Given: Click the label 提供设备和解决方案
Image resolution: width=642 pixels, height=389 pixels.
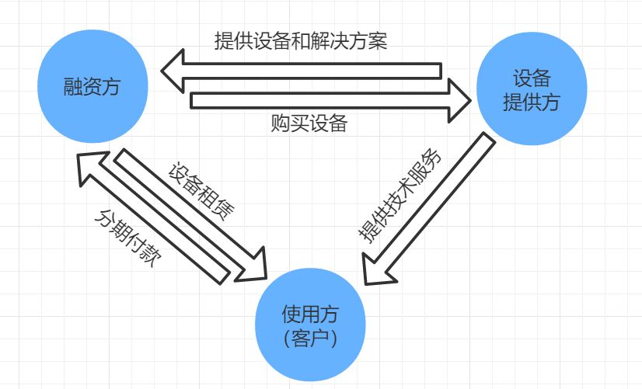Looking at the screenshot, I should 300,41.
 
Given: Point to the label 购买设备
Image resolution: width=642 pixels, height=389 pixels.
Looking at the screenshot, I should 309,123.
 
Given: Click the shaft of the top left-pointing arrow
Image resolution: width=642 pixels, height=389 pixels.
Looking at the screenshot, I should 311,71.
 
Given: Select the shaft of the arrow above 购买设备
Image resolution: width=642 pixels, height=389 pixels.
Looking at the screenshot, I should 311,100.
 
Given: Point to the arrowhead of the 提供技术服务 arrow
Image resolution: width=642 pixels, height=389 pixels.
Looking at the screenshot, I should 379,269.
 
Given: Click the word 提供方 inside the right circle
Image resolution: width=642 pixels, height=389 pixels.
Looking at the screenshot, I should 531,102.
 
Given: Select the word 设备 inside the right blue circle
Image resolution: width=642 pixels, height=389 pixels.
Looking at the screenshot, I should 531,78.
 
